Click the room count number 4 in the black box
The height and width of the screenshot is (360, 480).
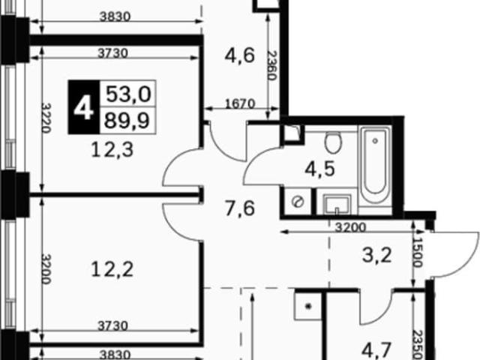(x=83, y=108)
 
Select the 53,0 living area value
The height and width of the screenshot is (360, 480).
(x=128, y=94)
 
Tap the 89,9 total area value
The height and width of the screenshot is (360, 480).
(x=127, y=120)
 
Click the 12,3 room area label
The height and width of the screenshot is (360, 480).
(x=112, y=150)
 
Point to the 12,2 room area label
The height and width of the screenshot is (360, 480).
(x=112, y=270)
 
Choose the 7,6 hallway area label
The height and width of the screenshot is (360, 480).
(x=240, y=208)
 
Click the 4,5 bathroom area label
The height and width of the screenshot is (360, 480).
(x=320, y=169)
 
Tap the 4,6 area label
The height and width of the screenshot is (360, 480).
(x=240, y=55)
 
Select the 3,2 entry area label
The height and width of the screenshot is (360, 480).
(x=376, y=255)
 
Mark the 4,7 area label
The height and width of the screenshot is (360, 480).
(x=376, y=350)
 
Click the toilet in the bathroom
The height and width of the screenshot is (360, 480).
(x=333, y=142)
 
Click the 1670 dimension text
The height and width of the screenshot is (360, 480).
(x=240, y=103)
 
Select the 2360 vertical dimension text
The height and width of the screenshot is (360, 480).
(x=271, y=65)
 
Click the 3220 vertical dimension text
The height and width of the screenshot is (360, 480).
(x=46, y=118)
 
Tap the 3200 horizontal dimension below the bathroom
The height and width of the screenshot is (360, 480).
(x=350, y=227)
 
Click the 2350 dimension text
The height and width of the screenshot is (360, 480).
(x=417, y=345)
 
